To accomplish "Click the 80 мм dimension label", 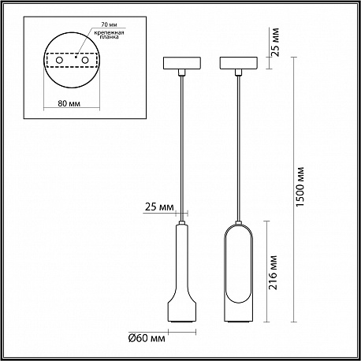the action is pyautogui.click(x=69, y=103).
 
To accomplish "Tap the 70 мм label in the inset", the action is pyautogui.click(x=109, y=24).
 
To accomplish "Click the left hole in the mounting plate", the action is pyautogui.click(x=59, y=61).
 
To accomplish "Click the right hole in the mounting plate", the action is pyautogui.click(x=84, y=61).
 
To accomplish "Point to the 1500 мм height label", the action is pyautogui.click(x=300, y=187).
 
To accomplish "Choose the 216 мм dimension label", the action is pyautogui.click(x=274, y=272).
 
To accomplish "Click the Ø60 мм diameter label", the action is pyautogui.click(x=147, y=338).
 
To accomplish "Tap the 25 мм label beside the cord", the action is pyautogui.click(x=159, y=207).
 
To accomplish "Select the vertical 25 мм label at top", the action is pyautogui.click(x=275, y=42).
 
